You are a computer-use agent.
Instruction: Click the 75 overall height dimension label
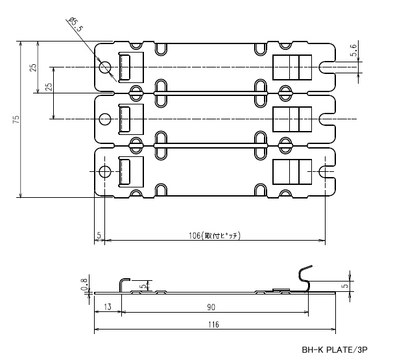click(16, 119)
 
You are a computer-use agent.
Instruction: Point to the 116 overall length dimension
click(213, 324)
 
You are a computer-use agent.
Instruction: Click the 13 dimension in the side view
click(107, 306)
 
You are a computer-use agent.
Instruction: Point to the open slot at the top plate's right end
click(327, 66)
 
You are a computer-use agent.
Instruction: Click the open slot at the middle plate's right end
click(327, 119)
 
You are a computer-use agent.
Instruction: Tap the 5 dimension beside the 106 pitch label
click(99, 235)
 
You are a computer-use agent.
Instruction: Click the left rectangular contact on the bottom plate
click(126, 171)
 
